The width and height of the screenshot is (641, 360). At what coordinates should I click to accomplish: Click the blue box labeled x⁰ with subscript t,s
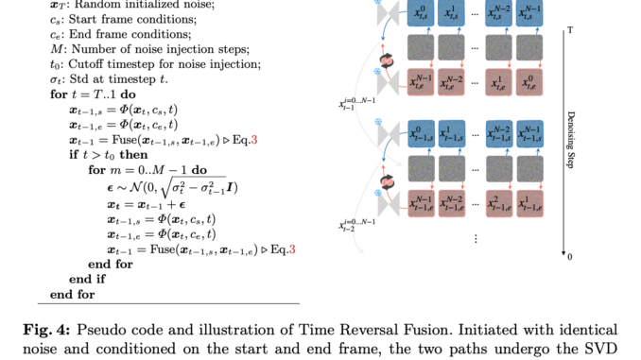[x=421, y=13]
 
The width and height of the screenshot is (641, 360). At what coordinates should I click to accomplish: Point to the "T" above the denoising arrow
[x=570, y=31]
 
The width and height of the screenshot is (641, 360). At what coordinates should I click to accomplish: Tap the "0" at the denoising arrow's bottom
[x=570, y=257]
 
